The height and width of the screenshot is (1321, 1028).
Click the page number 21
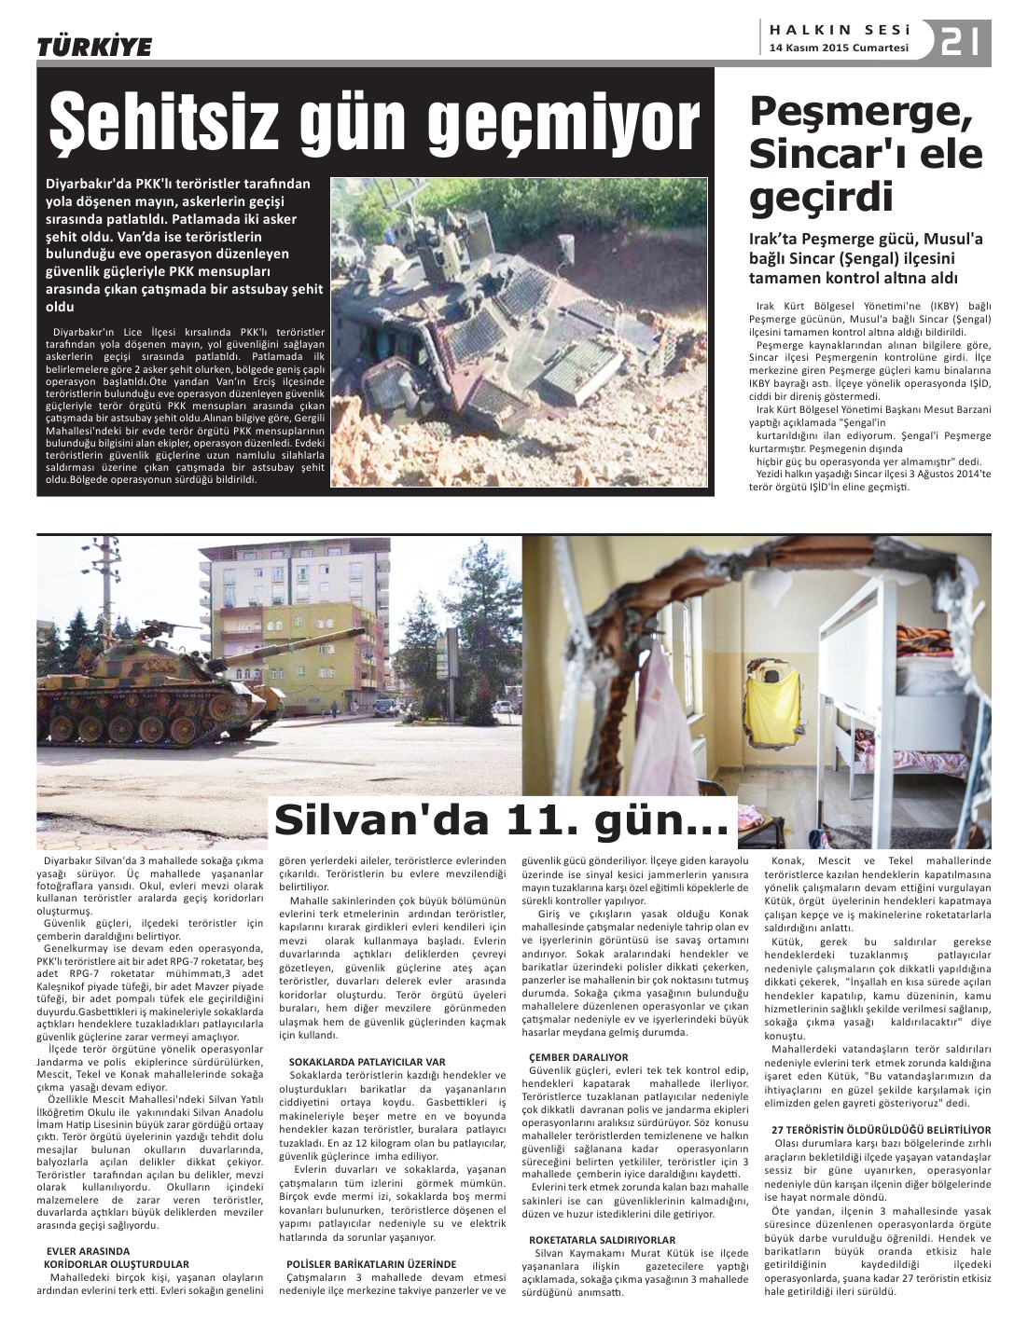[960, 42]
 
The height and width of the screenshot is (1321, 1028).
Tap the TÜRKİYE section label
[93, 48]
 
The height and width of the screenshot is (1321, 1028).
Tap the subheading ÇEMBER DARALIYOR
[578, 1057]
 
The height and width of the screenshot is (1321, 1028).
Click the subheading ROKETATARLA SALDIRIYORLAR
[602, 1239]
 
